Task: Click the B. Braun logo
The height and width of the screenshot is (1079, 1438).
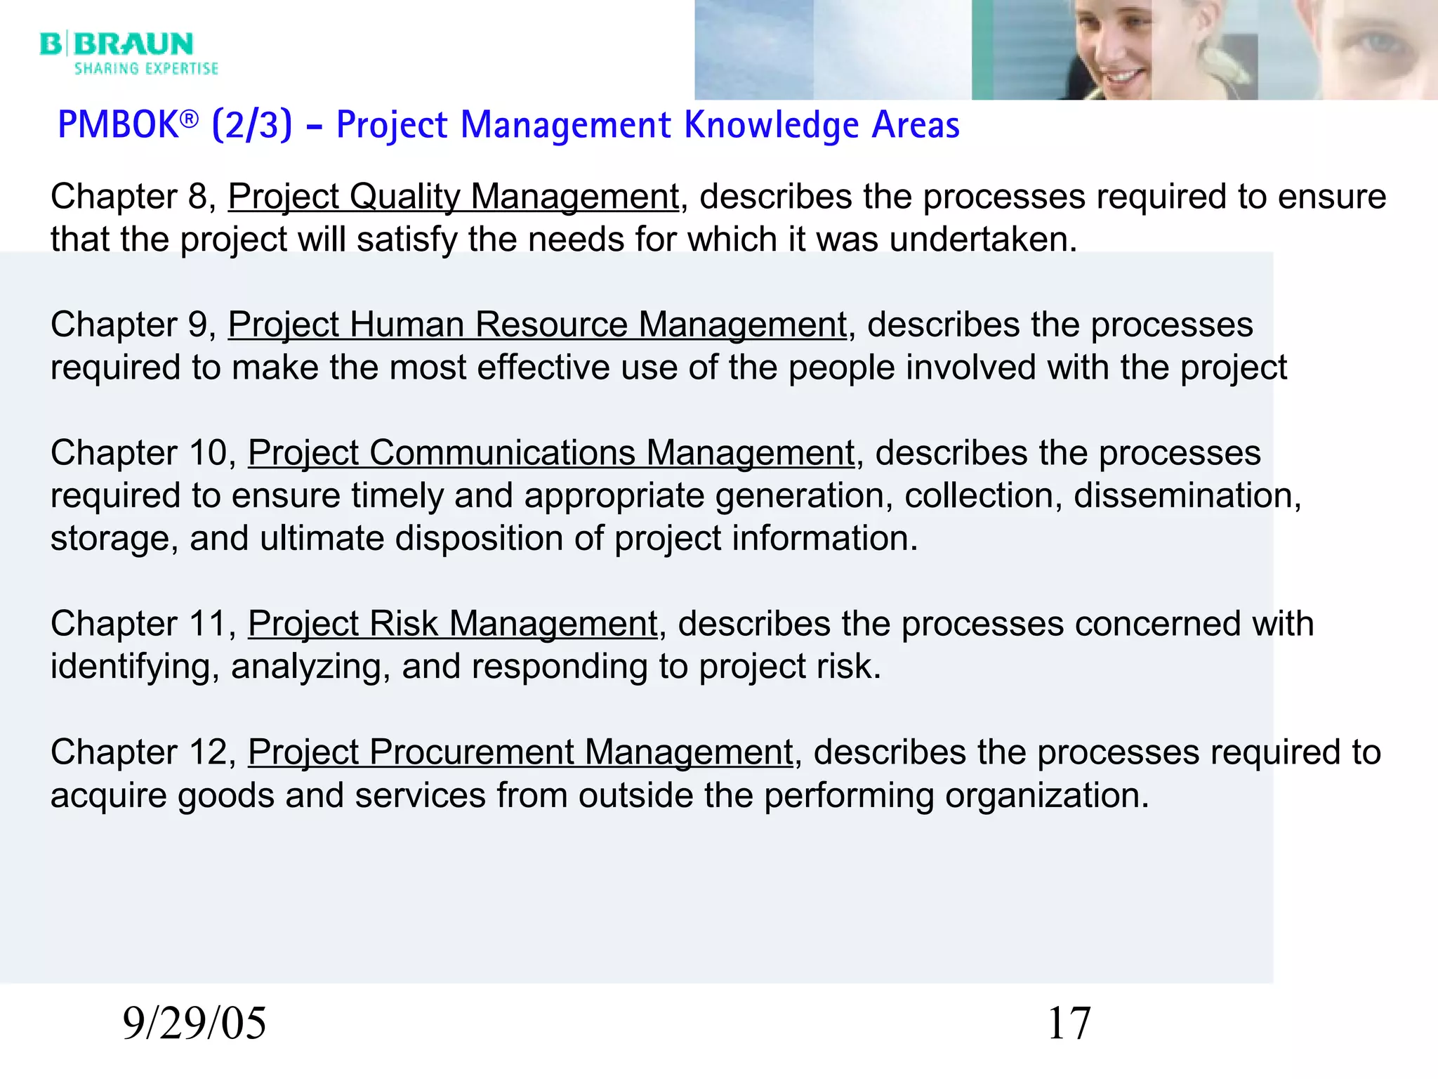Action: [x=117, y=44]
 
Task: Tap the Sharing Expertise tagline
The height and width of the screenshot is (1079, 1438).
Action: [x=146, y=69]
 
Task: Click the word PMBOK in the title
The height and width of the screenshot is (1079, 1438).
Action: [x=119, y=125]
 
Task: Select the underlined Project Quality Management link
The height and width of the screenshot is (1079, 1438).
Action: [x=454, y=197]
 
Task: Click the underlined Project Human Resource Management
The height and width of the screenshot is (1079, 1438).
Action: [x=537, y=325]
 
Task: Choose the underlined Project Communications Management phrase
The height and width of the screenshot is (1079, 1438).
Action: [x=551, y=453]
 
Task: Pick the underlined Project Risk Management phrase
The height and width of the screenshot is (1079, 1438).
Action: [x=453, y=624]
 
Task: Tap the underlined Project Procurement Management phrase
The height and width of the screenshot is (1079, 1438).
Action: [x=520, y=752]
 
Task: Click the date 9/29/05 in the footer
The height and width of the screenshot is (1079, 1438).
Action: [x=194, y=1023]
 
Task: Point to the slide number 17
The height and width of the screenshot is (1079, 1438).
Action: [x=1069, y=1023]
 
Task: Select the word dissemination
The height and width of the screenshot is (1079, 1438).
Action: [x=1187, y=496]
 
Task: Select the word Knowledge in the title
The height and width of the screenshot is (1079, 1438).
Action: [x=772, y=125]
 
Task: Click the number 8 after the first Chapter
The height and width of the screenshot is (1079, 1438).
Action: [x=197, y=197]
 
